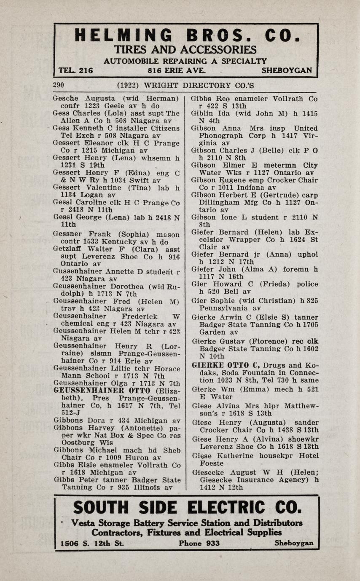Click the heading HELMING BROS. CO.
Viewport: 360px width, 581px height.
186,35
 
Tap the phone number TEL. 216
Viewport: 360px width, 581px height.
76,70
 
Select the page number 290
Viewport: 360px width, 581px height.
58,85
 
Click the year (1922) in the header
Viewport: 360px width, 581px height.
128,85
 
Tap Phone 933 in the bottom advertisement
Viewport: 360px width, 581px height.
199,543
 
